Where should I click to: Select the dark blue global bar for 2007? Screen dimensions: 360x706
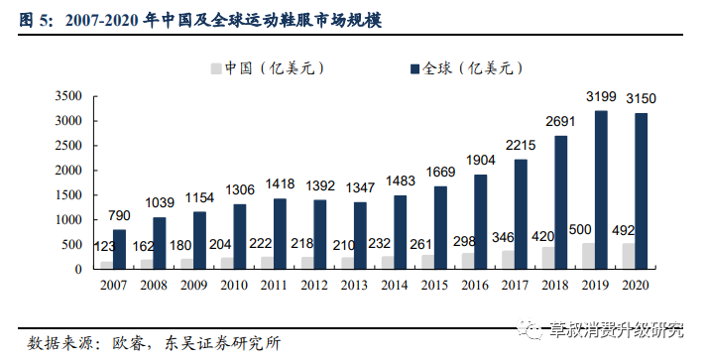coord(119,249)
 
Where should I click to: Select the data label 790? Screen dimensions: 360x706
coord(119,216)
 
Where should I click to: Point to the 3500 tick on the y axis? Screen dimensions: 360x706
coord(67,96)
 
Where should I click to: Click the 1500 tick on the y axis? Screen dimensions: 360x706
coord(67,194)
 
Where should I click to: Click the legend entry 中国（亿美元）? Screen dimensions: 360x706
coord(266,68)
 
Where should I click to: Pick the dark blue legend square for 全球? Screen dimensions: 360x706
coord(412,68)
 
